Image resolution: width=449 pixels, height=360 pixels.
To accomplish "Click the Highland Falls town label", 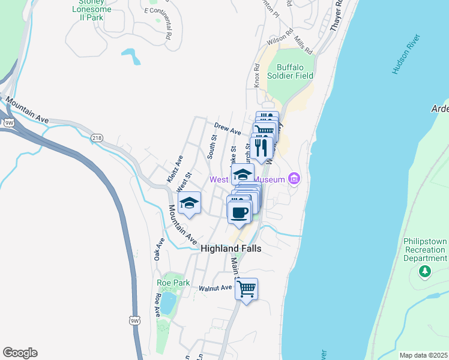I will click(231, 248).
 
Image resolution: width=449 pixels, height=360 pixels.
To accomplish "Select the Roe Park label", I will click(173, 283).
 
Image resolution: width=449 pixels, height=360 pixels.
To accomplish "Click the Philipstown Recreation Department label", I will click(425, 250).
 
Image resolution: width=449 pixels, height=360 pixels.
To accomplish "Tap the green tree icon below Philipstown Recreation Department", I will click(425, 272).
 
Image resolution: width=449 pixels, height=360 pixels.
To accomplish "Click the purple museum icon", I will click(294, 179).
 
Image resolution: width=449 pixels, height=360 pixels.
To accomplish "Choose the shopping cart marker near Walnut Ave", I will click(246, 289).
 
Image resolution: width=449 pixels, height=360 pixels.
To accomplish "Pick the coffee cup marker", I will click(239, 212).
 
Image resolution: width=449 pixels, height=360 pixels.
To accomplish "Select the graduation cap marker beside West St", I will click(189, 204).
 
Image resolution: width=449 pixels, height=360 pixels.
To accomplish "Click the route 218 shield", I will click(97, 138).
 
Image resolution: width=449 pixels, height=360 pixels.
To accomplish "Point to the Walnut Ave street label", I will click(215, 288).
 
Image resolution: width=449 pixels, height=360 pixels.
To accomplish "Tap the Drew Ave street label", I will click(228, 128).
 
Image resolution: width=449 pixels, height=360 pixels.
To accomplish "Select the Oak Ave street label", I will click(159, 249).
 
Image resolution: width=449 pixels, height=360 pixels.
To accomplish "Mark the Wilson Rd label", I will click(280, 39).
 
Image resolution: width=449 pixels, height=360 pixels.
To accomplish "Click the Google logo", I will click(20, 353).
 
